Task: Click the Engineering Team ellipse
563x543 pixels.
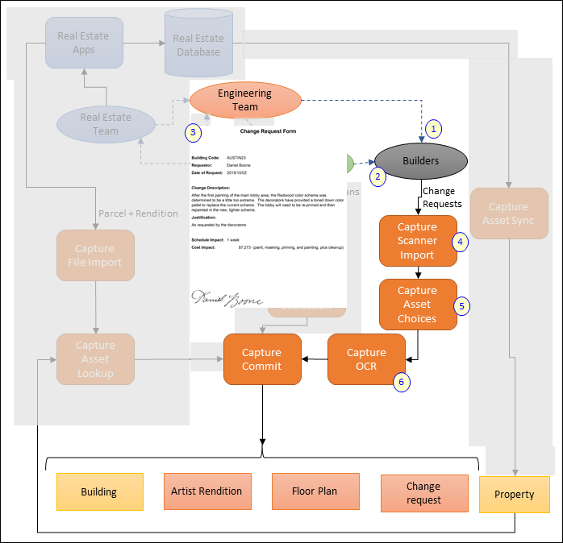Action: [245, 99]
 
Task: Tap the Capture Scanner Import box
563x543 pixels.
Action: [417, 241]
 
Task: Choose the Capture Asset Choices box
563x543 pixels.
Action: [417, 305]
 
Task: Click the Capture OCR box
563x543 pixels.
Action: [366, 359]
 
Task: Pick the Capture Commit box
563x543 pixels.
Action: [261, 359]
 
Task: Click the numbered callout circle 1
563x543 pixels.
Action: [434, 128]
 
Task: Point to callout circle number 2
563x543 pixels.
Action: [377, 174]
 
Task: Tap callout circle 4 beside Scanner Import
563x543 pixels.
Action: [461, 241]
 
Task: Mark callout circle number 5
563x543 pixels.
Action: [461, 305]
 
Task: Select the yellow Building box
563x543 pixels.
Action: [99, 491]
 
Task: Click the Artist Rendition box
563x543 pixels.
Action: [206, 491]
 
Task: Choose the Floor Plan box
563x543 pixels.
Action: [315, 491]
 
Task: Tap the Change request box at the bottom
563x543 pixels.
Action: [424, 493]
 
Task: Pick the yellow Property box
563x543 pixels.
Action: [515, 495]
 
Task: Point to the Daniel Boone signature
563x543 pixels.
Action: [227, 297]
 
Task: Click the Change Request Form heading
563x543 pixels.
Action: [267, 130]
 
